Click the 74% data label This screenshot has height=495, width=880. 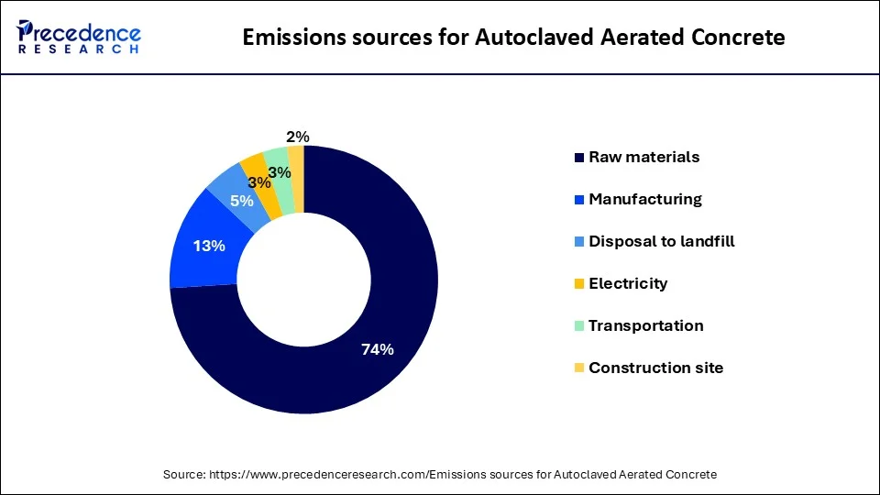(x=377, y=349)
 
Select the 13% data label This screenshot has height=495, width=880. (x=209, y=246)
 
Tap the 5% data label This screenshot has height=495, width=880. (x=242, y=200)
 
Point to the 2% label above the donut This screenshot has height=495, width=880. (x=298, y=137)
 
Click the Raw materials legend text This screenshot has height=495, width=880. (x=643, y=157)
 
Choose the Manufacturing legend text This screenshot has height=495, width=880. (x=645, y=199)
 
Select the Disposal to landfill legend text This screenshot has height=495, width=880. (x=662, y=241)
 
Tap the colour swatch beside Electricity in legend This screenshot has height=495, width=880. (x=578, y=284)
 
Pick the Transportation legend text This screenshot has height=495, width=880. (x=646, y=325)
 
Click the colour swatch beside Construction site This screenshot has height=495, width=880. (x=578, y=368)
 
